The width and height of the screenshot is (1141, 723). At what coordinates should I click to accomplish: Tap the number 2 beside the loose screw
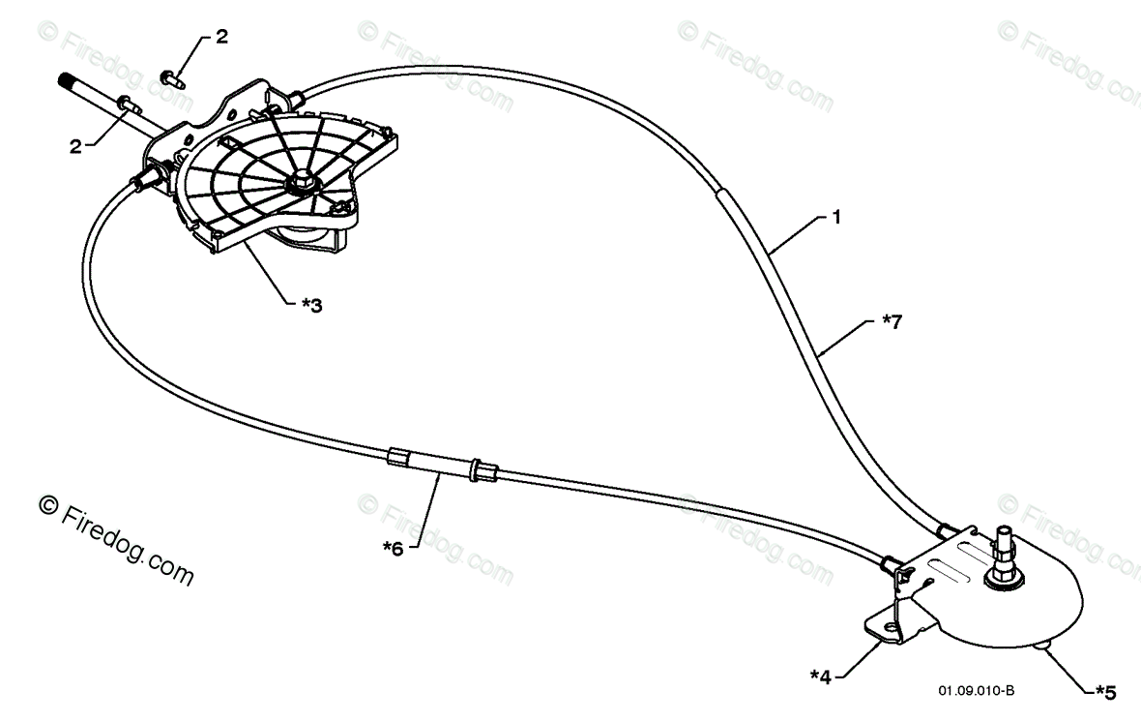pyautogui.click(x=221, y=37)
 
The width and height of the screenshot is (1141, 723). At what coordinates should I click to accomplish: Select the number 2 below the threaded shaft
pyautogui.click(x=74, y=147)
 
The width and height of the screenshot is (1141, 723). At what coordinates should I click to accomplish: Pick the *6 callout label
pyautogui.click(x=393, y=548)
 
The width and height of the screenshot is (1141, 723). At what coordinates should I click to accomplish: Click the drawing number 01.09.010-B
pyautogui.click(x=976, y=691)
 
